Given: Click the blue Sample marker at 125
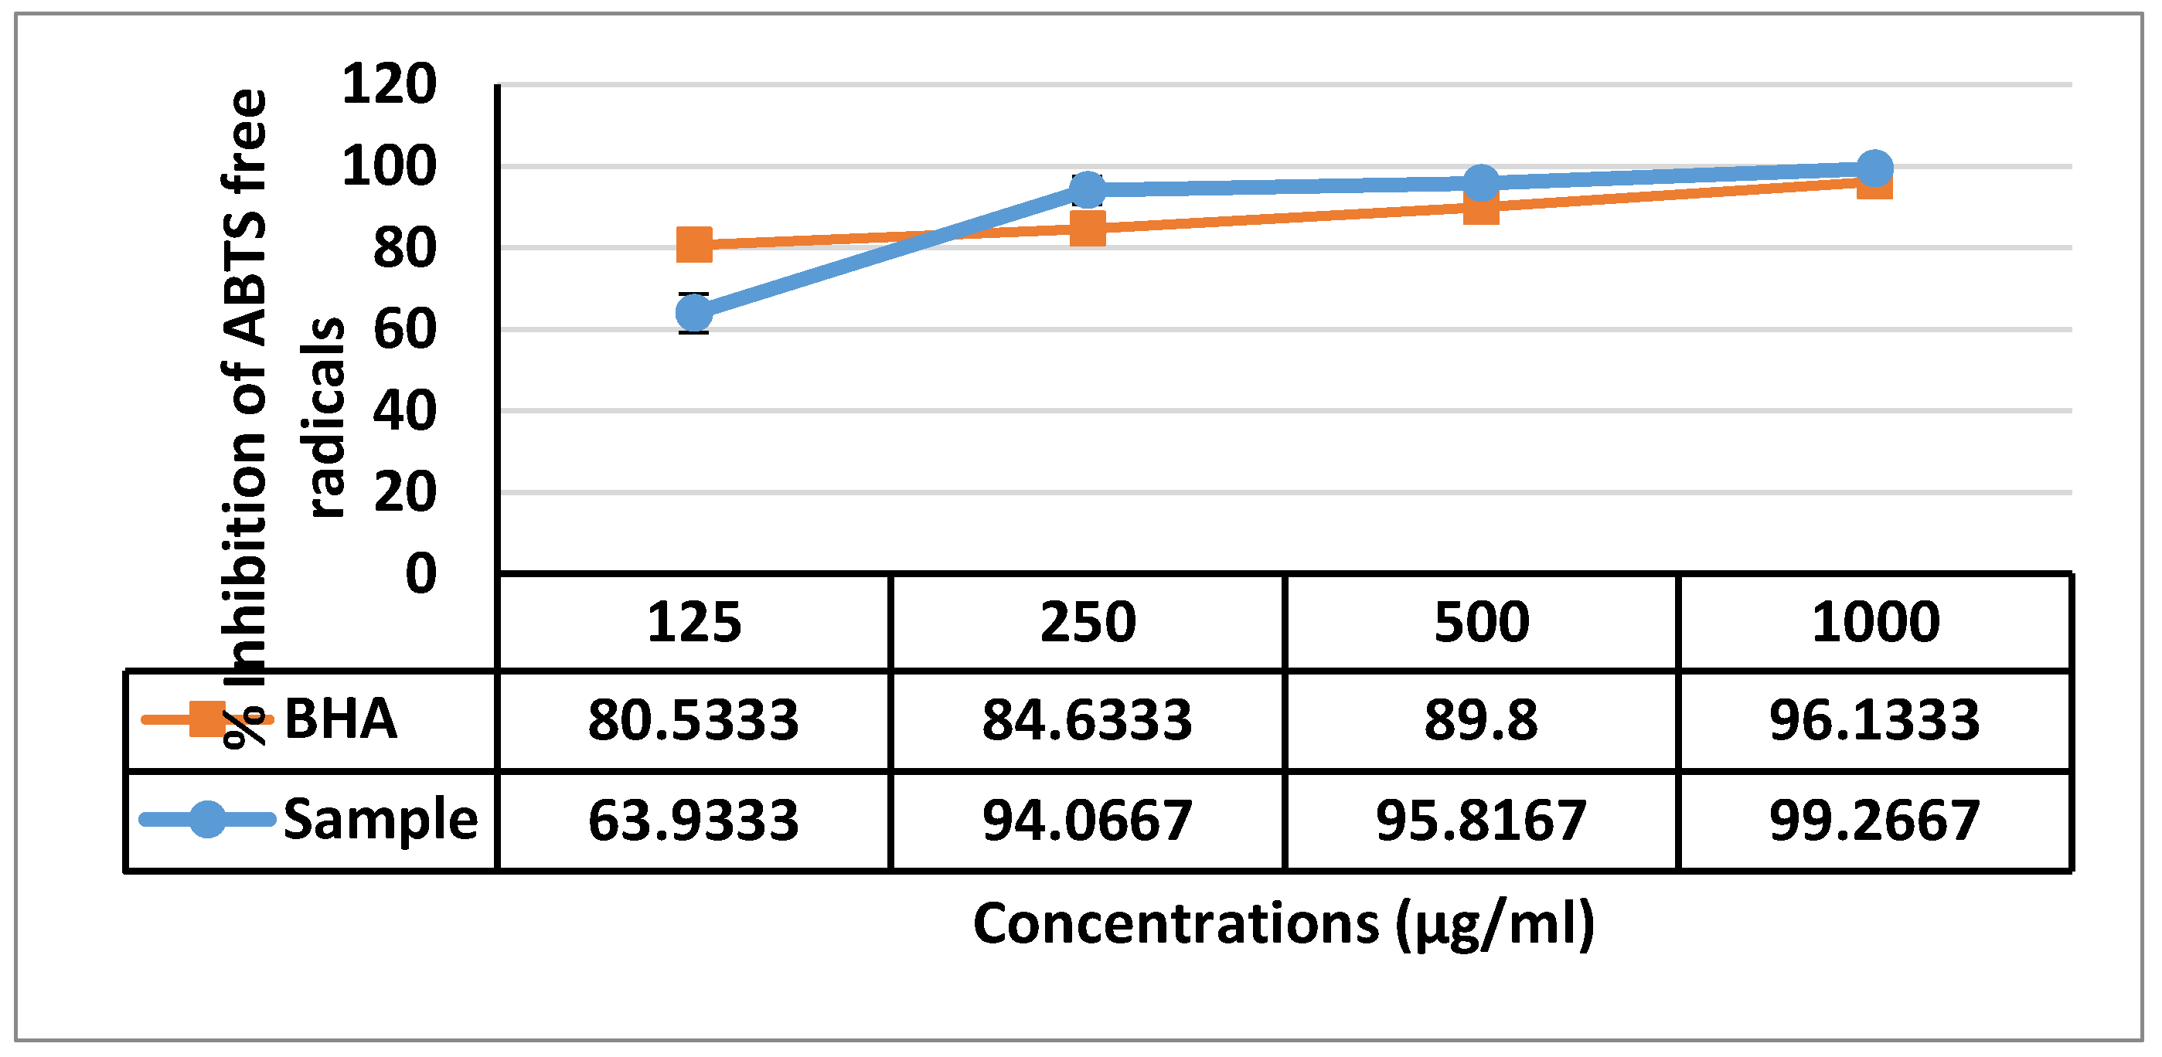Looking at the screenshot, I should (695, 313).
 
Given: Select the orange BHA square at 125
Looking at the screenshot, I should (695, 245).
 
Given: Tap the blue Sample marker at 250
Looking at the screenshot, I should (1088, 189).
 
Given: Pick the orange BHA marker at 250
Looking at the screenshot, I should (1088, 227).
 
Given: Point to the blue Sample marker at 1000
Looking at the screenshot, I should (1874, 168).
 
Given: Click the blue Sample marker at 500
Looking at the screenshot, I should (1481, 182).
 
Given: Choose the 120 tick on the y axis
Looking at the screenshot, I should (390, 84).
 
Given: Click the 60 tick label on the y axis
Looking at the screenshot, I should (404, 329).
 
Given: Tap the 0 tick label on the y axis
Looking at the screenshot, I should (420, 574).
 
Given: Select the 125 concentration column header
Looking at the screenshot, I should (694, 623).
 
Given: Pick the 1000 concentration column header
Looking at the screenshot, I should (1875, 623).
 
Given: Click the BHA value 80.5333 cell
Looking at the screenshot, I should (693, 721).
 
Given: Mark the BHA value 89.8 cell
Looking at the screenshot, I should (1481, 721).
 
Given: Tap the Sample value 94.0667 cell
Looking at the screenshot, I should (1088, 821).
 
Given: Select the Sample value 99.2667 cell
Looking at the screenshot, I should (1875, 821).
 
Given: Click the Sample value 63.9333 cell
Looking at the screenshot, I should (693, 821).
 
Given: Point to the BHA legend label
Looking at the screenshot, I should (341, 720).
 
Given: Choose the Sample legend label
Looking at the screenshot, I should (380, 820).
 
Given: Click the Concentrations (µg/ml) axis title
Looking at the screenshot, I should (1283, 924).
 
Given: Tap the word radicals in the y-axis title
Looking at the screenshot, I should (325, 418).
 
